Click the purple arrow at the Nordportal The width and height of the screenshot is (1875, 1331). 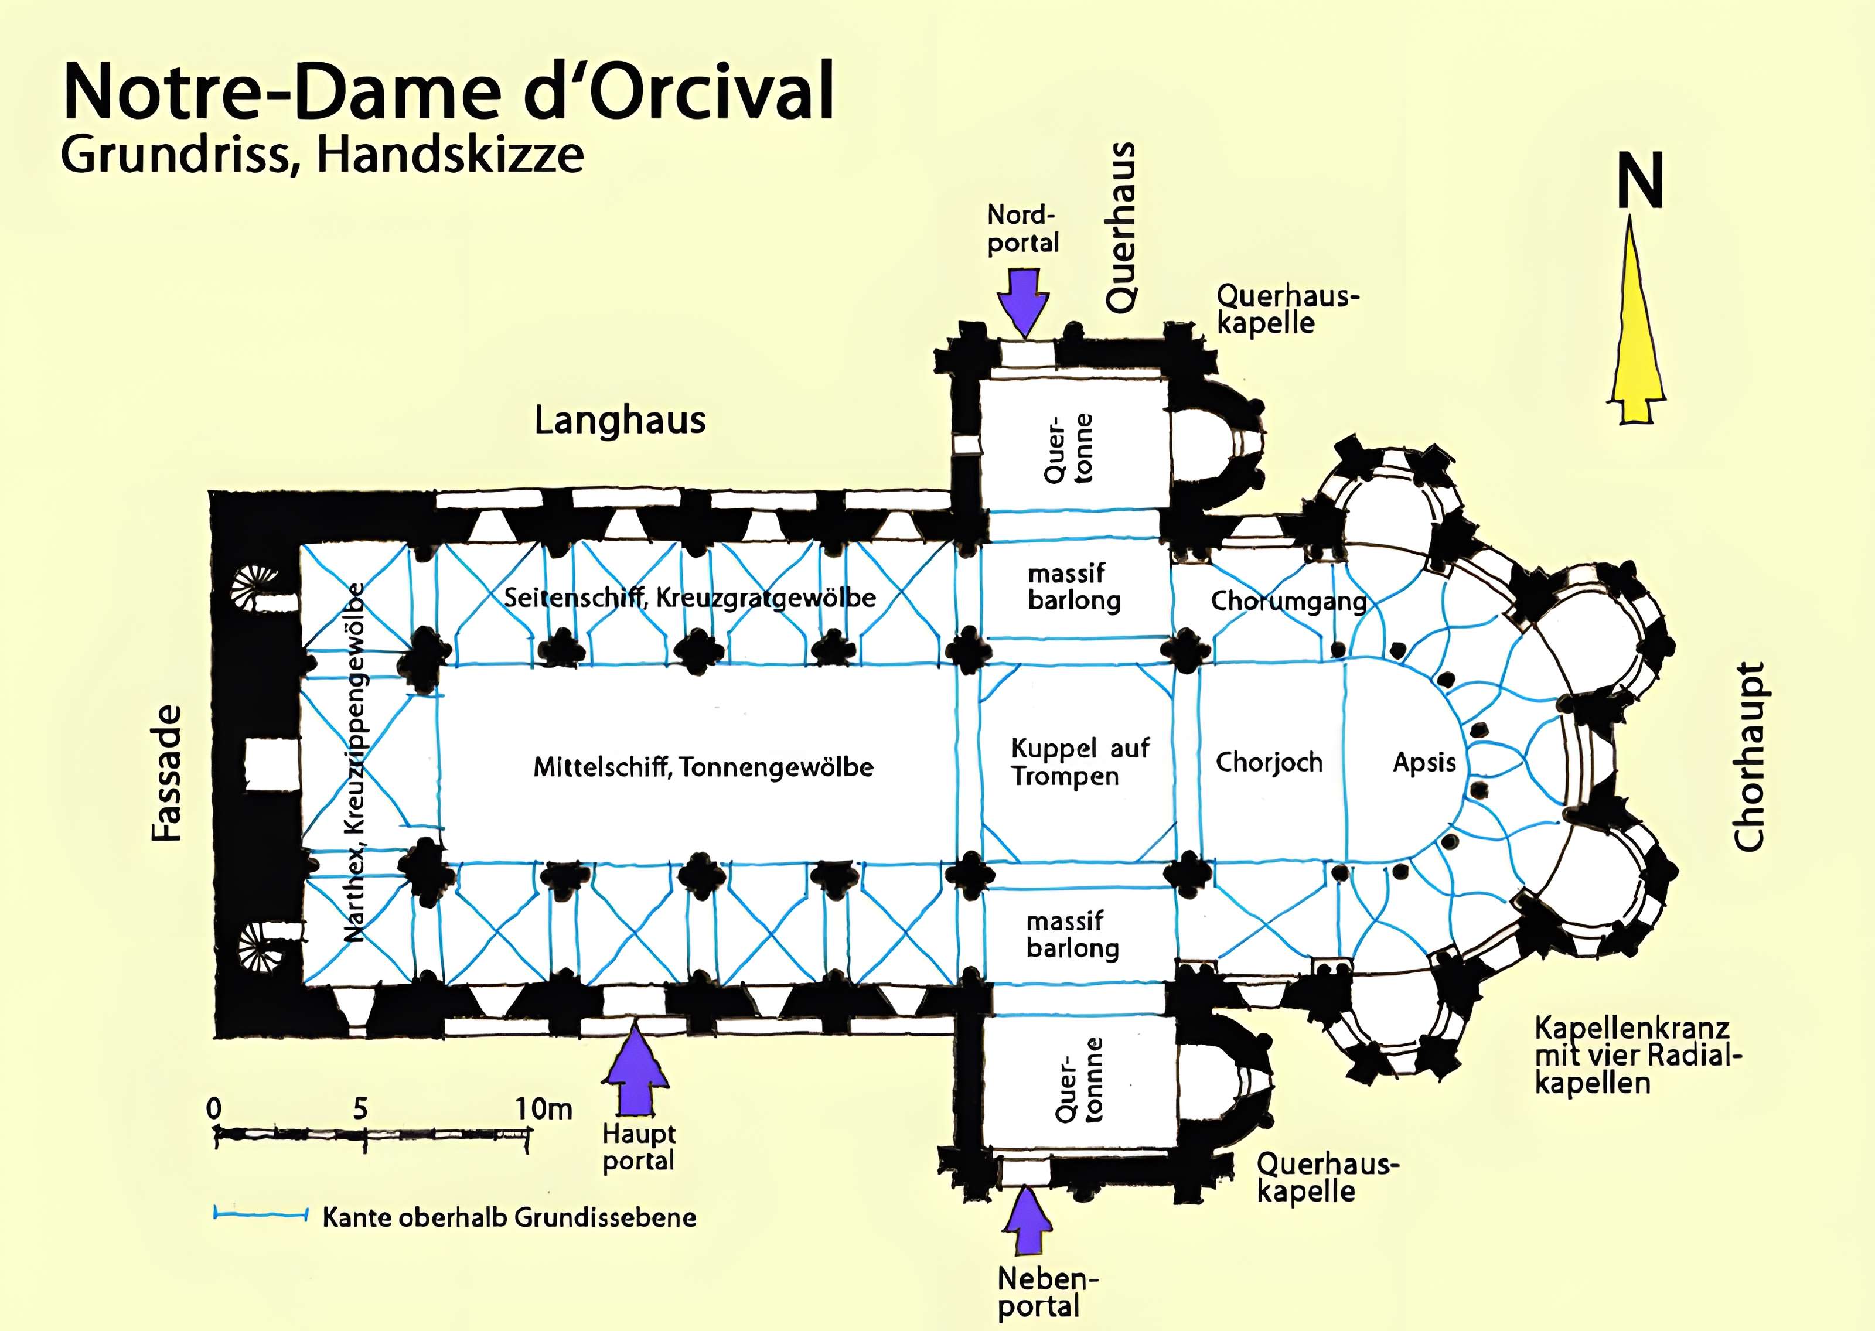(x=1024, y=301)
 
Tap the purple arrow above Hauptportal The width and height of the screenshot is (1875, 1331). (x=636, y=1074)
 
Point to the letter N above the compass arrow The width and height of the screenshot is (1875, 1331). (x=1640, y=183)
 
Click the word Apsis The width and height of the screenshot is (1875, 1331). (x=1424, y=763)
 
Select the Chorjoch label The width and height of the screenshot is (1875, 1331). (x=1269, y=763)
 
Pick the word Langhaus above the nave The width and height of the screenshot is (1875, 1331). (x=619, y=421)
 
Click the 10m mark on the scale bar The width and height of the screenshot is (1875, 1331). (x=543, y=1109)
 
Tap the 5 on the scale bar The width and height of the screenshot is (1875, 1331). (x=360, y=1109)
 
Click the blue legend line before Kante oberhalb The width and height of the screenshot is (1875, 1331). (x=259, y=1213)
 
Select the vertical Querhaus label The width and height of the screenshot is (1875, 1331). (x=1120, y=227)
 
